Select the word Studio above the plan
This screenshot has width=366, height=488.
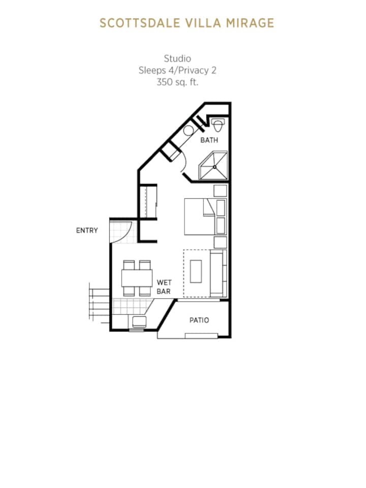tap(177, 58)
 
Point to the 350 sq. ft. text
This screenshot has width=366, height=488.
tap(177, 82)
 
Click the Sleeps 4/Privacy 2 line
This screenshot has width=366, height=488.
tap(177, 70)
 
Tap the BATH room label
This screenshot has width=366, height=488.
tap(209, 140)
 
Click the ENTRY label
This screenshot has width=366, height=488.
tap(87, 230)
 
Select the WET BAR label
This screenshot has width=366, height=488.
tap(164, 287)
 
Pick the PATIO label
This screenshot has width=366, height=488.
tap(199, 320)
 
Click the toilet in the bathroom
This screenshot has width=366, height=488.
tap(218, 125)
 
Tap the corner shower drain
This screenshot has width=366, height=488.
tap(215, 167)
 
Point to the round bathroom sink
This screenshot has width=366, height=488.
tap(188, 131)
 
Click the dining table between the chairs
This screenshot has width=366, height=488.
tap(137, 278)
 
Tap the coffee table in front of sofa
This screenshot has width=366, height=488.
tap(196, 271)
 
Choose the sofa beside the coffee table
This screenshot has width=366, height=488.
tap(218, 273)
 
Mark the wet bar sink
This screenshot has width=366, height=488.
tap(138, 322)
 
